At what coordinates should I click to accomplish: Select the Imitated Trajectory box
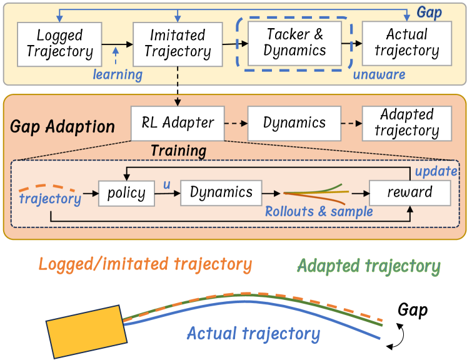click(x=178, y=44)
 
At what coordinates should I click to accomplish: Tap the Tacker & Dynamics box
click(x=295, y=42)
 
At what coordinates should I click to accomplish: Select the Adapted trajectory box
click(x=407, y=122)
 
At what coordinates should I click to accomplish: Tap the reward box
click(x=409, y=192)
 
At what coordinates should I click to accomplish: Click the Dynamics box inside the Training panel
click(x=221, y=192)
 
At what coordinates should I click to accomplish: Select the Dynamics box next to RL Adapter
click(x=294, y=122)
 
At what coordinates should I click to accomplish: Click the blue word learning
click(x=118, y=75)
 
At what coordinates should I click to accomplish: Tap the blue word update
click(x=436, y=171)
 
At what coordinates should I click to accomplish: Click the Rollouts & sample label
click(x=319, y=211)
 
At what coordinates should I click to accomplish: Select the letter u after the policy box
click(x=166, y=184)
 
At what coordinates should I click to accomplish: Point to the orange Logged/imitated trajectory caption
click(x=145, y=264)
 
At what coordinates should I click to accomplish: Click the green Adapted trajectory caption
click(x=369, y=266)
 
